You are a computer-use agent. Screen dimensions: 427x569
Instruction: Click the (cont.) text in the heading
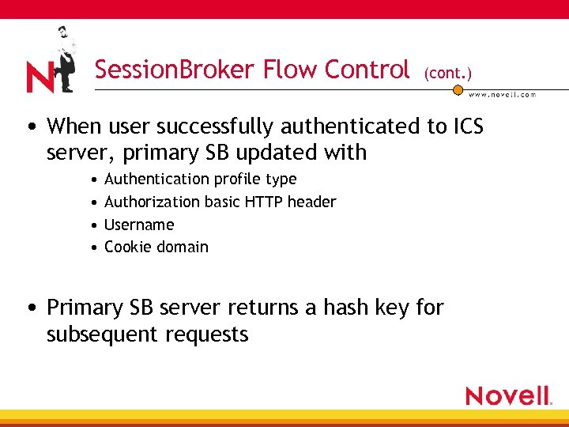pyautogui.click(x=448, y=73)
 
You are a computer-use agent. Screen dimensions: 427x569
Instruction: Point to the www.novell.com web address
pyautogui.click(x=503, y=94)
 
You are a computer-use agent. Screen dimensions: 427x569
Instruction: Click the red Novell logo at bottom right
pyautogui.click(x=508, y=395)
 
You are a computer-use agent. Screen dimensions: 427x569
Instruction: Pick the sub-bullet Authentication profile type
pyautogui.click(x=200, y=179)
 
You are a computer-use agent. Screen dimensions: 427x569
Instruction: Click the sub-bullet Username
pyautogui.click(x=139, y=225)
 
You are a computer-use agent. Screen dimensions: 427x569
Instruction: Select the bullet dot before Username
pyautogui.click(x=94, y=225)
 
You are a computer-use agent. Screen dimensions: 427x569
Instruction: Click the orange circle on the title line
pyautogui.click(x=457, y=89)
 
